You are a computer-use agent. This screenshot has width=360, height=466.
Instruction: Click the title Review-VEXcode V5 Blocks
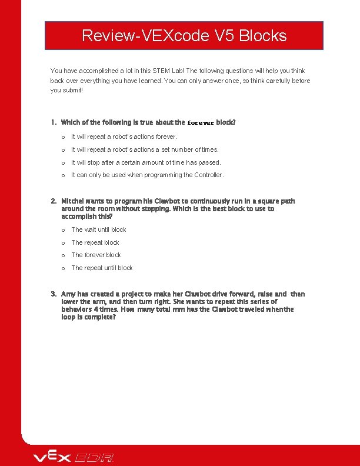coord(184,36)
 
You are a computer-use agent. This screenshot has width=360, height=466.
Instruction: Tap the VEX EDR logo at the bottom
coord(74,457)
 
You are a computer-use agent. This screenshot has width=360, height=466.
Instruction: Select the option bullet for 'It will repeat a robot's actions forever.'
coord(62,137)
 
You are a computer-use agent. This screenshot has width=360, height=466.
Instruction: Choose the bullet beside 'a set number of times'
coord(62,149)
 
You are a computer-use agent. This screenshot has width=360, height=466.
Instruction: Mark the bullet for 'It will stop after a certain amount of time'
coord(62,162)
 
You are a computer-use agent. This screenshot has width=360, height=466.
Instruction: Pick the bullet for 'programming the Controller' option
coord(62,175)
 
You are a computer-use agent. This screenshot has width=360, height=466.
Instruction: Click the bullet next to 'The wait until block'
coord(62,230)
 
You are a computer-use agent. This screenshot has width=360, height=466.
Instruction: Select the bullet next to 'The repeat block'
coord(62,242)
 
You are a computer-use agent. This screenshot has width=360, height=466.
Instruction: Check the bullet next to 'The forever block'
coord(62,255)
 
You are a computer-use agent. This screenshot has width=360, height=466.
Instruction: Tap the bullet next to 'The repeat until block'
coord(62,268)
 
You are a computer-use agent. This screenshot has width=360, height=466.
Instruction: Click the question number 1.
coord(53,122)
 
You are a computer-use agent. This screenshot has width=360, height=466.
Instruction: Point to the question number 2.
coord(53,201)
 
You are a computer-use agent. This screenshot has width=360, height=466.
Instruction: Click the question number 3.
coord(53,294)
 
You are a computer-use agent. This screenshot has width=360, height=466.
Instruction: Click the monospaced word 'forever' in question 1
coord(200,123)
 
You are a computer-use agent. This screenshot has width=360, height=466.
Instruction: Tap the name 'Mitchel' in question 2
coord(72,201)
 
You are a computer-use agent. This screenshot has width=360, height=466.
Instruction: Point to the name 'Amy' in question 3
coord(68,294)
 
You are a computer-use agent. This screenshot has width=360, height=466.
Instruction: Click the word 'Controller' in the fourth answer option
coord(208,175)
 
